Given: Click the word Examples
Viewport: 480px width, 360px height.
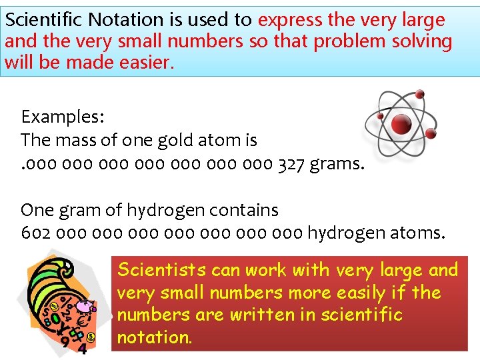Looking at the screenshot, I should click(x=62, y=117).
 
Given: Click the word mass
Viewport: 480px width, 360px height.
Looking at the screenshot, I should click(x=83, y=141).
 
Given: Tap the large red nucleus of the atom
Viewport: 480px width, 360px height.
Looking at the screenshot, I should click(x=401, y=123).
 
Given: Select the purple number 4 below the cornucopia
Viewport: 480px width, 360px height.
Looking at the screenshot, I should click(x=82, y=349).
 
